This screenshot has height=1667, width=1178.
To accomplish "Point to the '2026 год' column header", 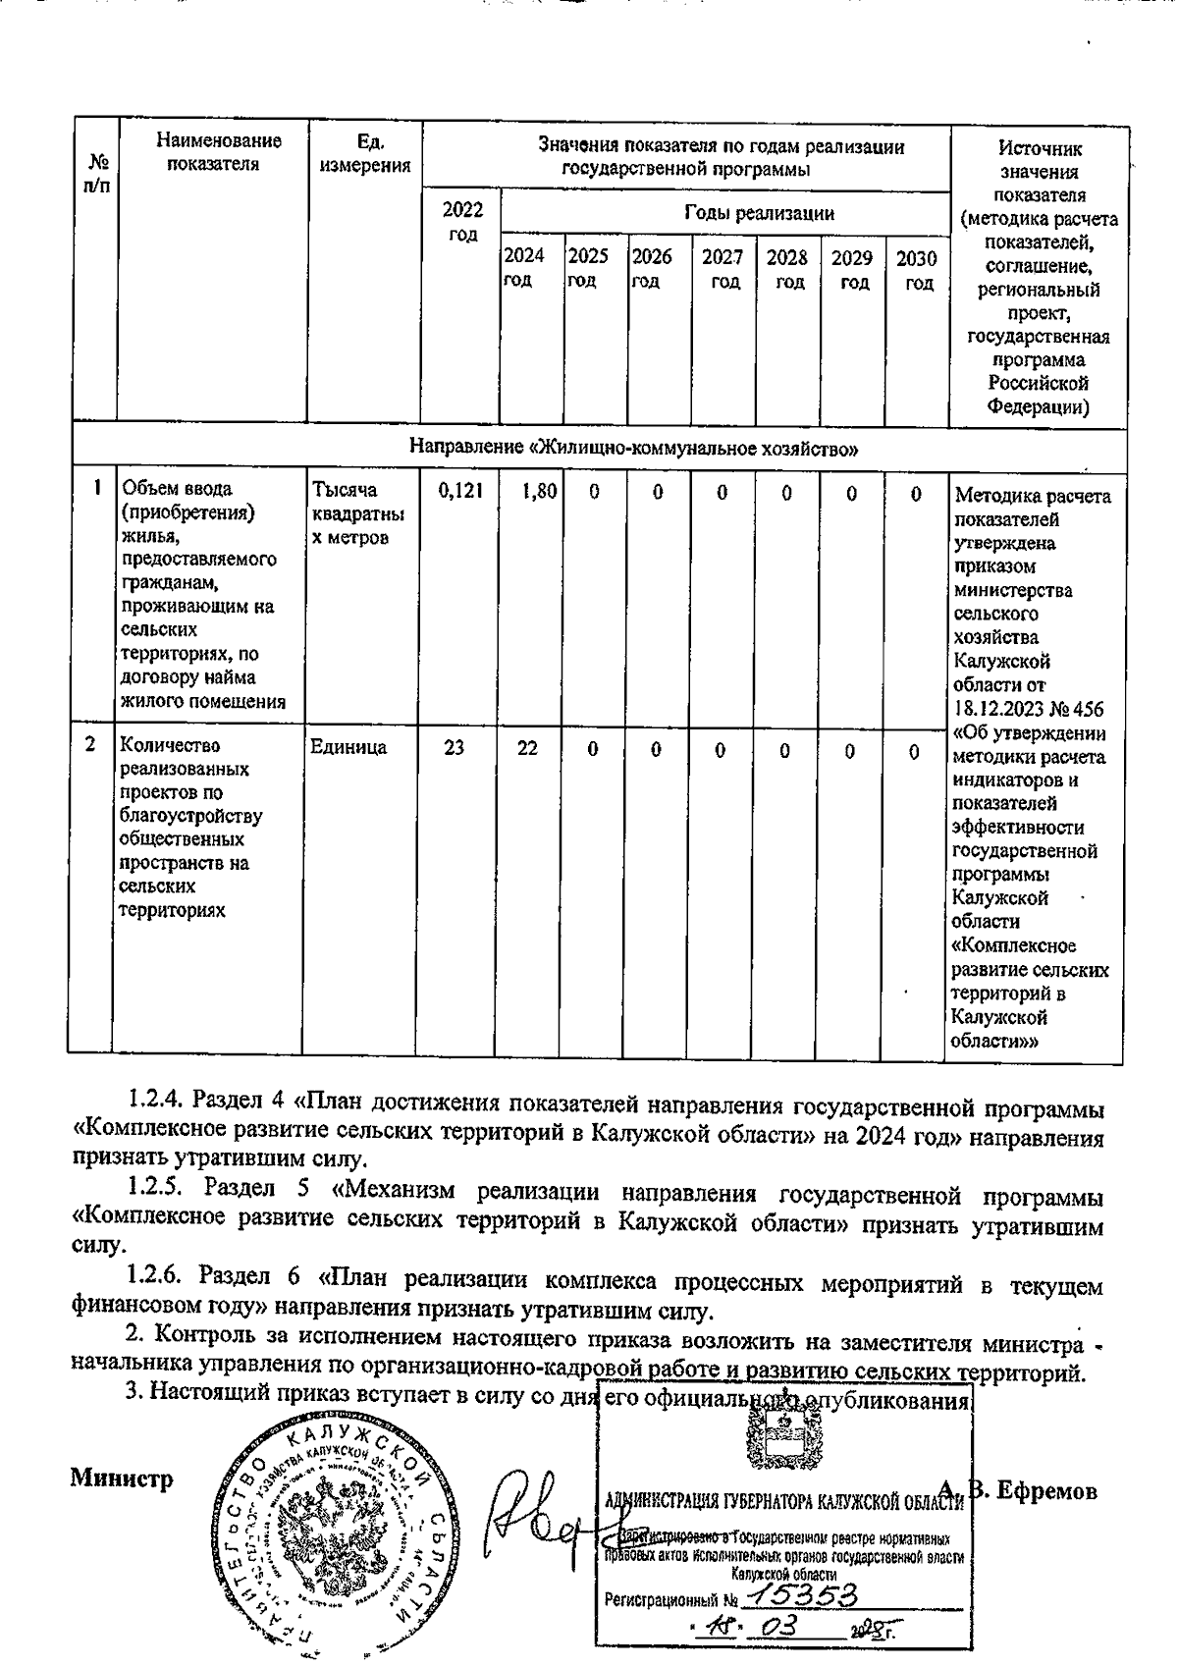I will coord(651,269).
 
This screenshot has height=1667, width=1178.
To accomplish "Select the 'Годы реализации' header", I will coord(759,213).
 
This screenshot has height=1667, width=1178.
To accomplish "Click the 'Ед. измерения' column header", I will coord(365,153).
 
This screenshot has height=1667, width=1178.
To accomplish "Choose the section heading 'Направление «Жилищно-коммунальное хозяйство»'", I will coord(633,449).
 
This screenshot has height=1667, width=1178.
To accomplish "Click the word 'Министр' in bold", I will coord(122,1479).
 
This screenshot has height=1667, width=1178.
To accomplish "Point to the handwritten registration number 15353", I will coord(799,1595).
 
